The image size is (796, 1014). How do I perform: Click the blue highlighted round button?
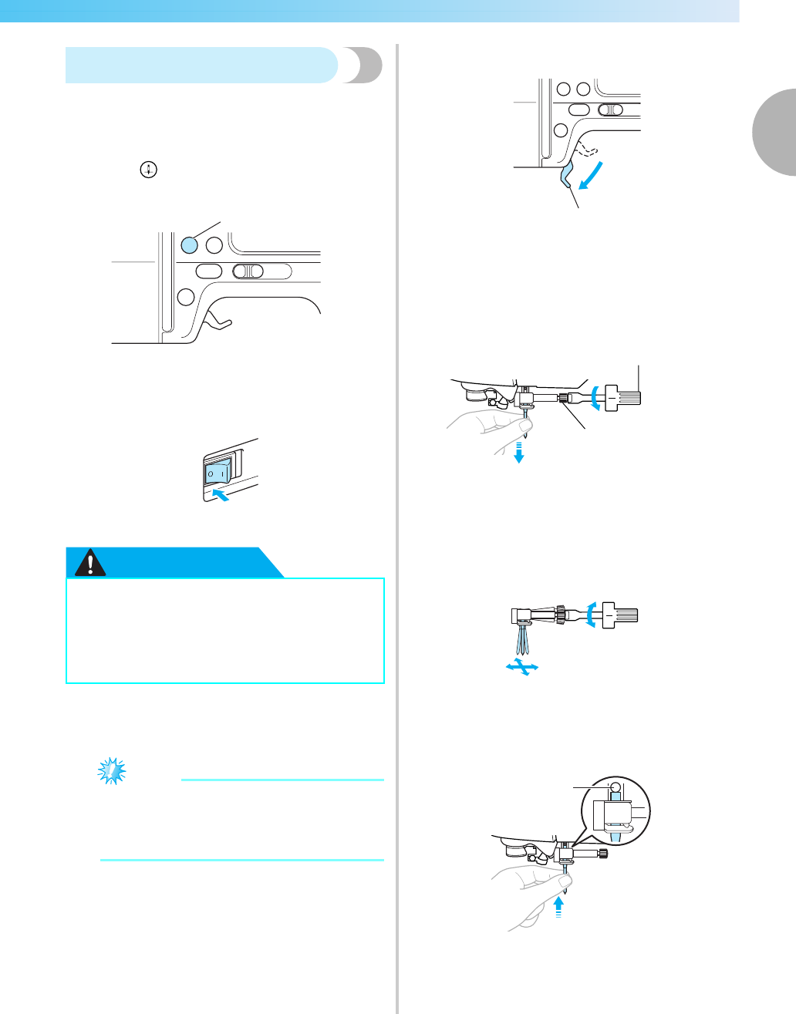coord(190,244)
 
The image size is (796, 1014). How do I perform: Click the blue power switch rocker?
coord(216,472)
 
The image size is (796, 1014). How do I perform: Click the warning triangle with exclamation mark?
coord(91,564)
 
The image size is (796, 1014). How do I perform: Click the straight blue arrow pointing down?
coord(520,452)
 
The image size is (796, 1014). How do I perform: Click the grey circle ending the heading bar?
coord(363,66)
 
